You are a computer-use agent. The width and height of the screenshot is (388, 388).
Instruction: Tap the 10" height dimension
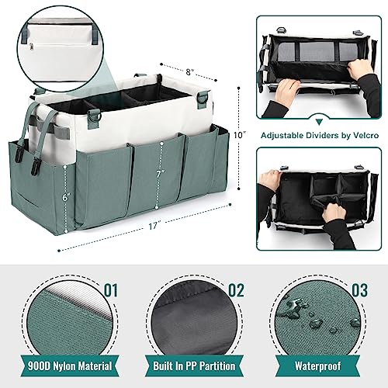pyautogui.click(x=241, y=133)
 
